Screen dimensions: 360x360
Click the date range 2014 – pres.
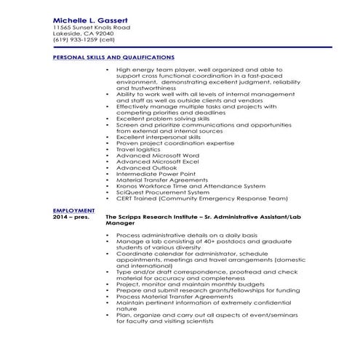click(70, 217)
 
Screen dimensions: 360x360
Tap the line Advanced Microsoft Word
click(157, 155)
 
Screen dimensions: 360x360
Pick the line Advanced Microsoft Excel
click(157, 161)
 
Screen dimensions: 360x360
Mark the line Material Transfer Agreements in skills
click(161, 180)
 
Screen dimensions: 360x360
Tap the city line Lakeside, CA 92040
click(84, 33)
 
